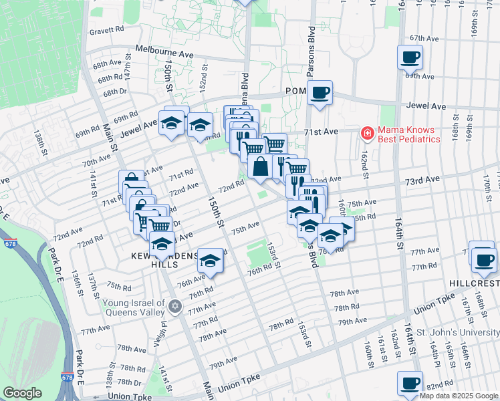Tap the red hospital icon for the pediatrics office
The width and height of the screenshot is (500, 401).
point(366,134)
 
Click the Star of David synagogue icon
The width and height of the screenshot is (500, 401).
point(175,306)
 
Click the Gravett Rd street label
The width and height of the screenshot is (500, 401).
point(107,30)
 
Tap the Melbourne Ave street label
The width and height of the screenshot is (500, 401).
point(164,50)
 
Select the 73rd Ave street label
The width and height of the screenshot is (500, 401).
point(422,180)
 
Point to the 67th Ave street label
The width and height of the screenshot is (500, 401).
point(424,39)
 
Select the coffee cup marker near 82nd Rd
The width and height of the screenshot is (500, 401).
point(410,384)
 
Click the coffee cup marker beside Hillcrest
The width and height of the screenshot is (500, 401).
point(483,258)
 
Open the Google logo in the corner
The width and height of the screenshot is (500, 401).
point(22,393)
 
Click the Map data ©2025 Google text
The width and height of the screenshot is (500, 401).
point(459,396)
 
